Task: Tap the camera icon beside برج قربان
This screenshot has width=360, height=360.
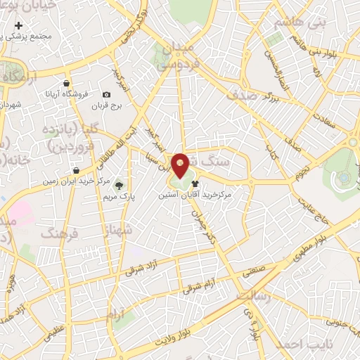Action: (x=106, y=95)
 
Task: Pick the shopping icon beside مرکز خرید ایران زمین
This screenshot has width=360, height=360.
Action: (x=76, y=170)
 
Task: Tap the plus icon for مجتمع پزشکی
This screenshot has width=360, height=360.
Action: (x=18, y=25)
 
